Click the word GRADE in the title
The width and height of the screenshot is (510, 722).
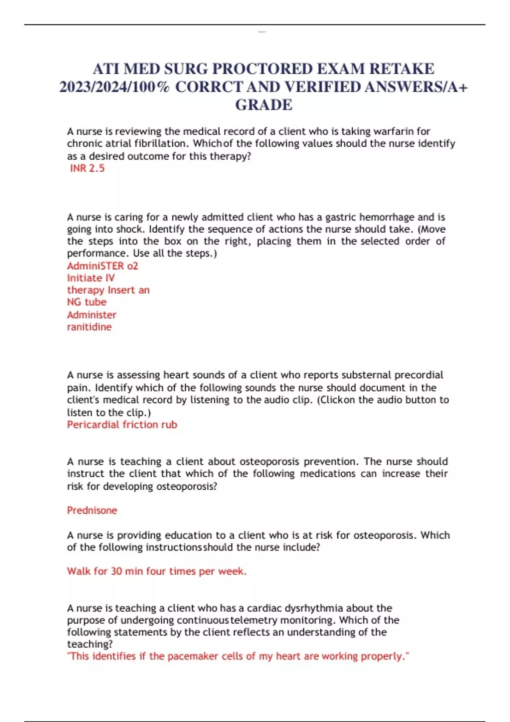(263, 105)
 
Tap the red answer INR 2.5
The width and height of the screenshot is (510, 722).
(87, 168)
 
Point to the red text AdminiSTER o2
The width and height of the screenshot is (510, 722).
(102, 266)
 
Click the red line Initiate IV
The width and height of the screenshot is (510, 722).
(91, 278)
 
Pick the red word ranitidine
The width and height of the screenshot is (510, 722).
(89, 327)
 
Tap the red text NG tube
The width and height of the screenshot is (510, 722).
(87, 302)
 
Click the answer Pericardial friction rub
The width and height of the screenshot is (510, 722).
(122, 425)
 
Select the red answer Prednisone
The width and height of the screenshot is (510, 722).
(92, 510)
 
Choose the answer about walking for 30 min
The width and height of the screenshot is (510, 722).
(157, 571)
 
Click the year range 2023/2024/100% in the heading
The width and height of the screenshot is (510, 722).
(114, 87)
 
